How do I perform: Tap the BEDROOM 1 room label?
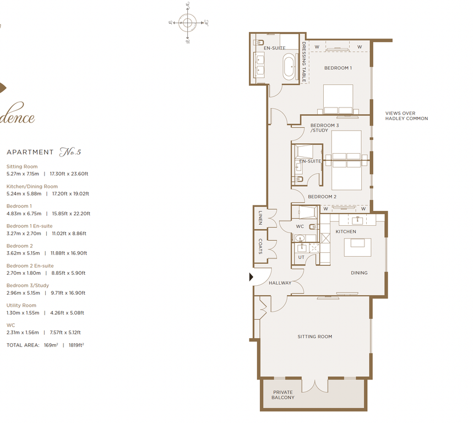click(x=338, y=68)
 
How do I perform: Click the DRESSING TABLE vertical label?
click(x=303, y=62)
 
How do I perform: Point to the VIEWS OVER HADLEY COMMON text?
click(x=406, y=116)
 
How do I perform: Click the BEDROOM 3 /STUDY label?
click(x=324, y=128)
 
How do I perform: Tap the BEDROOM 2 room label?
click(x=322, y=197)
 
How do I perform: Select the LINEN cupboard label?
click(x=260, y=219)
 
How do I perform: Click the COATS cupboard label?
click(x=260, y=246)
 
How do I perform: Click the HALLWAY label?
click(x=280, y=283)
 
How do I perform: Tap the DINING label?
click(x=359, y=273)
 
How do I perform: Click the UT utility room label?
click(x=301, y=257)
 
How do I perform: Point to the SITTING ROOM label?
click(x=314, y=337)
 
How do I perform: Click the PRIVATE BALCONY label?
click(x=283, y=395)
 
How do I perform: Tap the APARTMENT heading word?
click(x=30, y=153)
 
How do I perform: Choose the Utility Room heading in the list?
click(x=21, y=305)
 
